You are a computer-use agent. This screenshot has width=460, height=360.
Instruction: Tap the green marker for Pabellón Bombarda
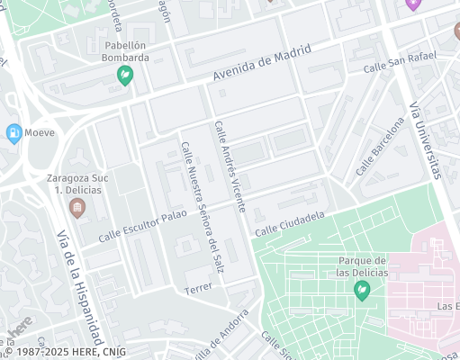tap(126, 76)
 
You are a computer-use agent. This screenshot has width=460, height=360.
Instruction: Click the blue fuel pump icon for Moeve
tap(14, 133)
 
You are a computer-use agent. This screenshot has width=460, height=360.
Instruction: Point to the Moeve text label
tap(41, 133)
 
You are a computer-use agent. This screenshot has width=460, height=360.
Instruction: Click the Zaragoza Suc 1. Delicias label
tap(77, 184)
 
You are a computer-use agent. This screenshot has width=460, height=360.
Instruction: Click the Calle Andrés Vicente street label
tap(229, 167)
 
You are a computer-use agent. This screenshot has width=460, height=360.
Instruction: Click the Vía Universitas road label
tap(426, 139)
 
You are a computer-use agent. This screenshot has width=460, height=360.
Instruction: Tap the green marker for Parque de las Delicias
tap(362, 290)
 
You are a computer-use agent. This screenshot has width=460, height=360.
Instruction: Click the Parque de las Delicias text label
tap(362, 265)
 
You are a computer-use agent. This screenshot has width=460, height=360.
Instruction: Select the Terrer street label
tap(196, 290)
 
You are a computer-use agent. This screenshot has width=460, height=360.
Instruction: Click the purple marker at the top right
tap(413, 4)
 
